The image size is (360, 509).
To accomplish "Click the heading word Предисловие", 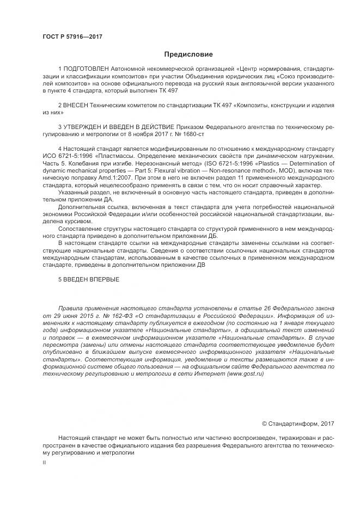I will coord(188,54).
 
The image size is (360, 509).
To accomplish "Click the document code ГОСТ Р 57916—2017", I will coord(72,38).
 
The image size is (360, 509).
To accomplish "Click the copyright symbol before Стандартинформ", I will coord(265,423).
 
